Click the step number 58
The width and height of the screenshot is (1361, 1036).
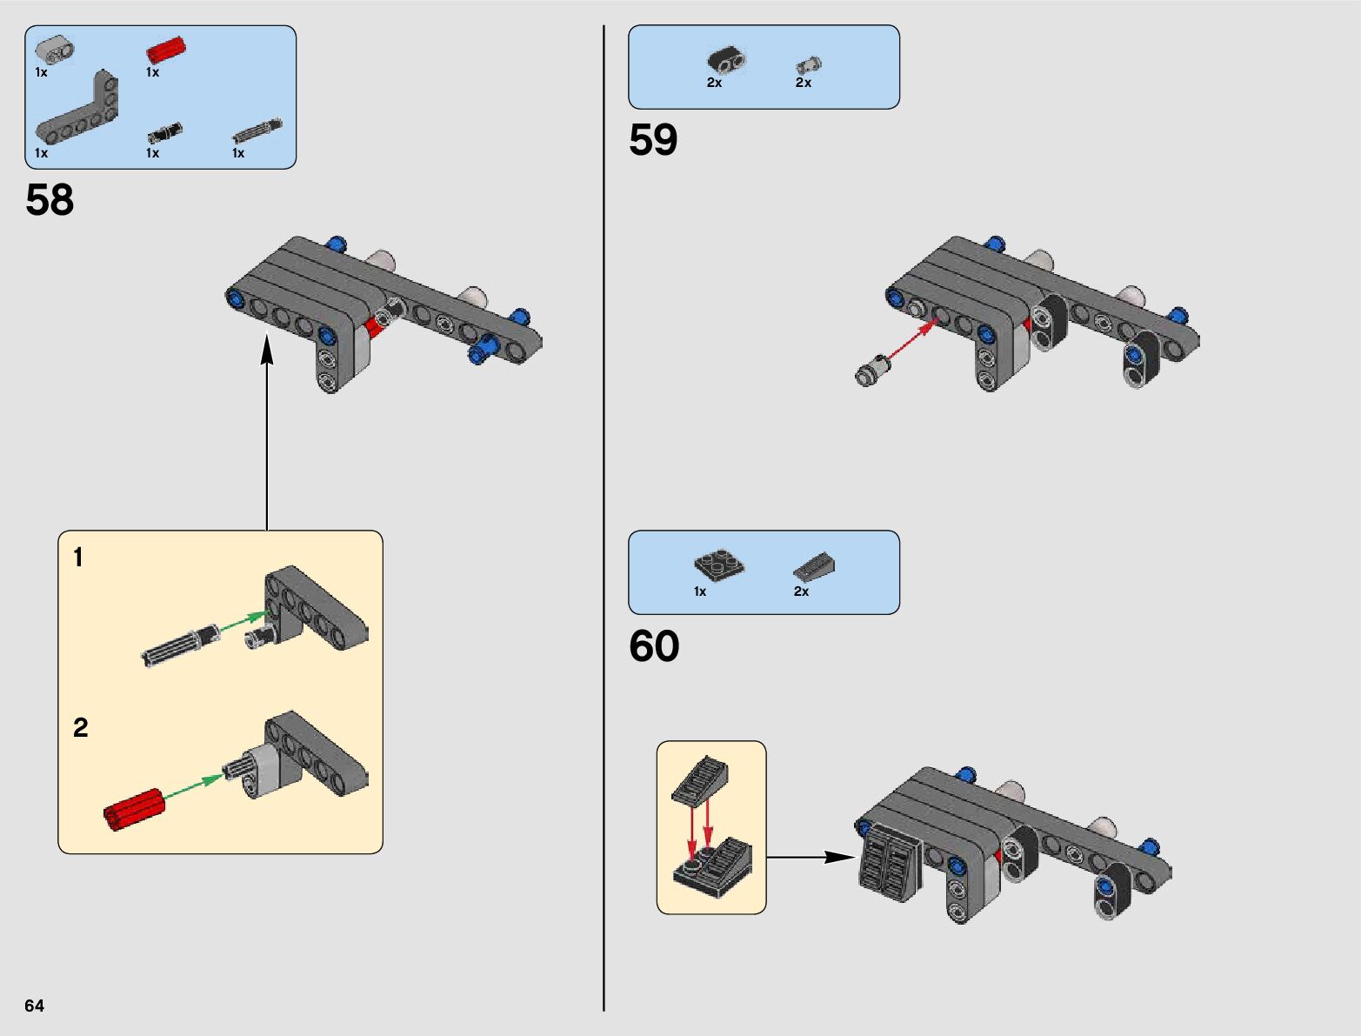coord(50,200)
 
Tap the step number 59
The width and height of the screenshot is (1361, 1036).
coord(653,139)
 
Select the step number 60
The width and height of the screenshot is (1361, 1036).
coord(654,645)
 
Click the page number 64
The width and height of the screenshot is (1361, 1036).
coord(34,1006)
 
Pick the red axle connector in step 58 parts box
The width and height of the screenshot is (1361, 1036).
coord(165,50)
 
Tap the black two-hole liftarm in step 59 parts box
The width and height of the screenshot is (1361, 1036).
coord(726,60)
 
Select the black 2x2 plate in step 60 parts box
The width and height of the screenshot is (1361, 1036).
coord(719,565)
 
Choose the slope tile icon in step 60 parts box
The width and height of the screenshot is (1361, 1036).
coord(814,566)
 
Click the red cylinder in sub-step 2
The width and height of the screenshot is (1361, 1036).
coord(135,809)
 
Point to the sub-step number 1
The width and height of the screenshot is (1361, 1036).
coord(78,557)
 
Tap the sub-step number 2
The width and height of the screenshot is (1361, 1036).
coord(81,727)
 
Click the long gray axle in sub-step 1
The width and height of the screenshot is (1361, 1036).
coord(180,645)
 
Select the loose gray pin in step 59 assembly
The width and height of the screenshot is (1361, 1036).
coord(873,371)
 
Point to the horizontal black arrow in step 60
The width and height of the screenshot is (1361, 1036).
coord(811,858)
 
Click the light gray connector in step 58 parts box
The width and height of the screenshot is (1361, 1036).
coord(55,50)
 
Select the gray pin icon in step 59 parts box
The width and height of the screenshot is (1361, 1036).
coord(809,64)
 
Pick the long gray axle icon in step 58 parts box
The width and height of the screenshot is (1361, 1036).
coord(257,130)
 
